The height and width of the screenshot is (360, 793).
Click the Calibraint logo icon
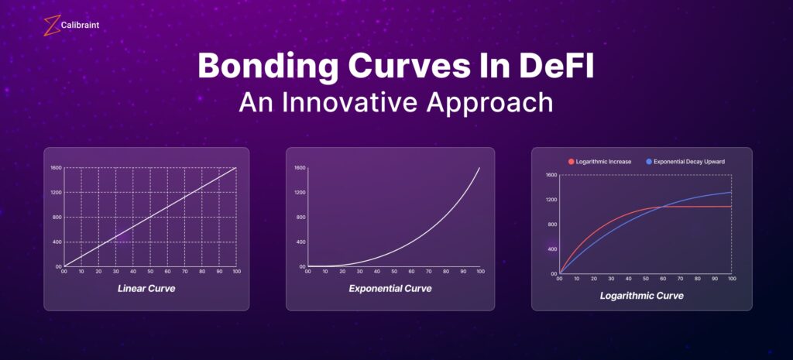(52, 26)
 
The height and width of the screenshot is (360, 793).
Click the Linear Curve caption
(146, 289)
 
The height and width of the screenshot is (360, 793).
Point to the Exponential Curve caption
(390, 289)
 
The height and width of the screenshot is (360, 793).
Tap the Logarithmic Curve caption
(641, 296)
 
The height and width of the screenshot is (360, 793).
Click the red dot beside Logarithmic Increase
(571, 162)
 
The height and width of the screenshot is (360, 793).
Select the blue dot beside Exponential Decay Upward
(649, 162)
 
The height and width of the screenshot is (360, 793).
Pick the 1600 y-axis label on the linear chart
(56, 167)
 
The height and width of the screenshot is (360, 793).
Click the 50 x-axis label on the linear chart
(150, 272)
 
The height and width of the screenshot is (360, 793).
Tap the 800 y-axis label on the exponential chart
(301, 218)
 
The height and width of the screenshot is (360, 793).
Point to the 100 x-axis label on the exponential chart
(480, 272)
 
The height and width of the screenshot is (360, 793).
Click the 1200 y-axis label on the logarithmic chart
(551, 200)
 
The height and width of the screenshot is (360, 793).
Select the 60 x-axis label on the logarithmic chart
(663, 279)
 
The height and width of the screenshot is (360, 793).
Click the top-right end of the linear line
(236, 167)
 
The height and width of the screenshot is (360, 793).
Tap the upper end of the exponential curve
(479, 167)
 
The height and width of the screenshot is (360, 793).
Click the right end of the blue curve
(731, 192)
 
